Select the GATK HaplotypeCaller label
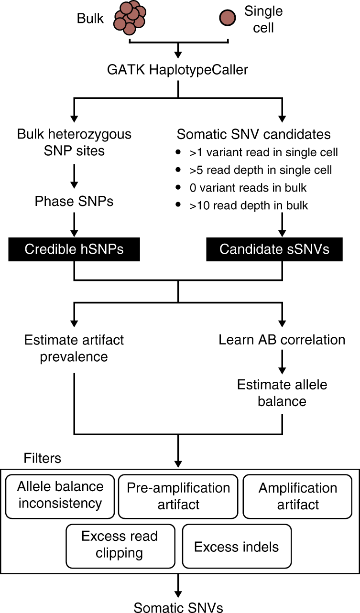[178, 70]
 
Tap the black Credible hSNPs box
[74, 249]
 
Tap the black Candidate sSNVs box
[274, 249]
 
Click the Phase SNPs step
[74, 201]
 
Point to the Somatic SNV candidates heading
[254, 134]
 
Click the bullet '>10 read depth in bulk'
[249, 205]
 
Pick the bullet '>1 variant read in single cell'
[263, 152]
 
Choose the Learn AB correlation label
[282, 340]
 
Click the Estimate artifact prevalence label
[74, 348]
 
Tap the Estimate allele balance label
[282, 393]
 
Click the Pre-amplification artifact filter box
[178, 496]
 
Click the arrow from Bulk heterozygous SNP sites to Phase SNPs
[74, 175]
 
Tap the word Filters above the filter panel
[43, 458]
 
